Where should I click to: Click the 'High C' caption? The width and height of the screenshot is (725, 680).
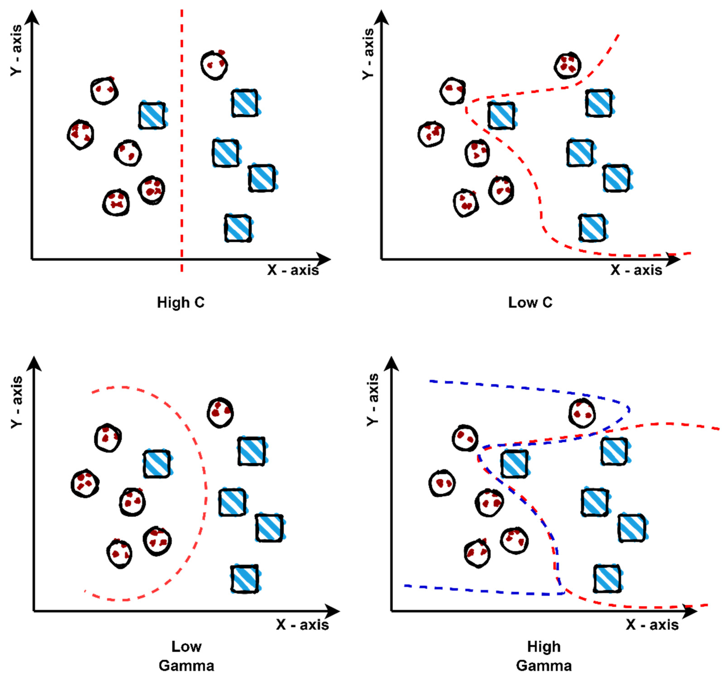pos(181,302)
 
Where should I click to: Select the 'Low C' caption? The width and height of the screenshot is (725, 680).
pos(530,302)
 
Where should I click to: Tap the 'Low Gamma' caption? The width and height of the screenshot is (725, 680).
pos(186,656)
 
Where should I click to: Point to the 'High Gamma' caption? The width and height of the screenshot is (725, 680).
pos(544,656)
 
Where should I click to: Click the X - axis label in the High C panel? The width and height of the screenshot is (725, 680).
pos(293,270)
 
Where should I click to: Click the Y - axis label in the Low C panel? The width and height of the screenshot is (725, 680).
pos(368,53)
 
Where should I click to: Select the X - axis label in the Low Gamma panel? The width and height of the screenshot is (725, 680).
pos(302,625)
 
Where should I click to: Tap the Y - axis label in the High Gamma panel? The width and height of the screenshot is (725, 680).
pos(373,400)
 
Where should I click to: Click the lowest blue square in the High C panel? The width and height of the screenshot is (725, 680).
pos(238,228)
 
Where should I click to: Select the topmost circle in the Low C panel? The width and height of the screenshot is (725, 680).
pos(567,65)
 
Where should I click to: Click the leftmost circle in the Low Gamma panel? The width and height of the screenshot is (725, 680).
pos(85,484)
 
